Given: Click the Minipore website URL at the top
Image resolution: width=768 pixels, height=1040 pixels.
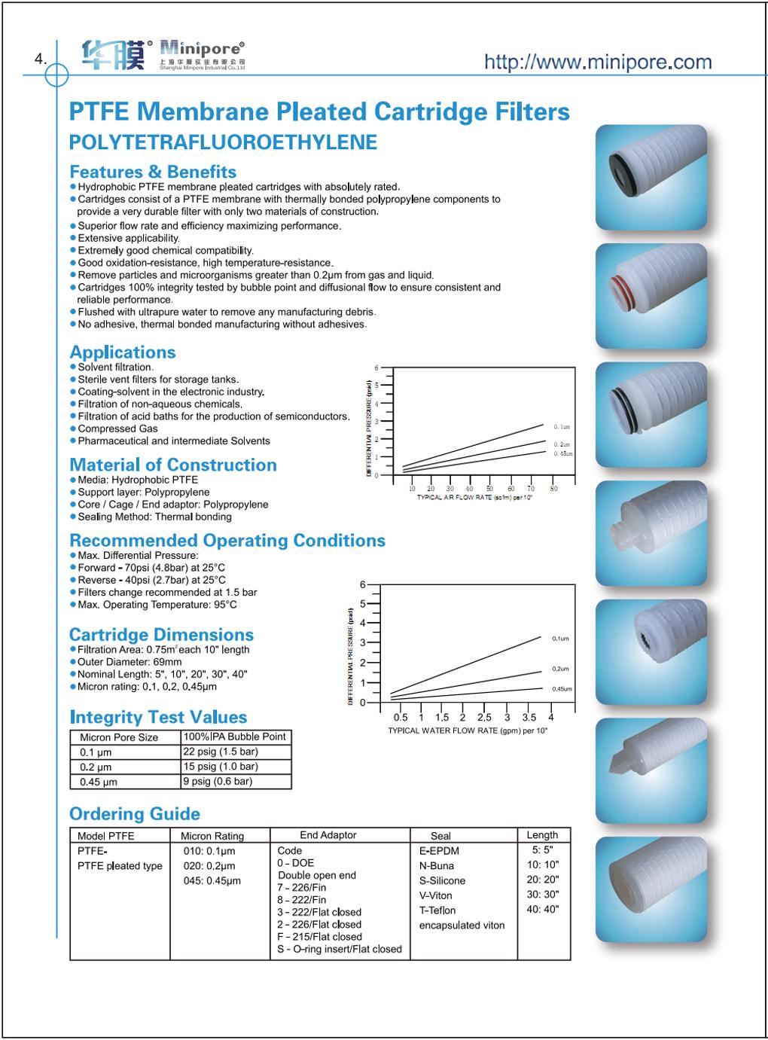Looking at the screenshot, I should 597,62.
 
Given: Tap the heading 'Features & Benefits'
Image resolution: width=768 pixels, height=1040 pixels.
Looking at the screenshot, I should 153,172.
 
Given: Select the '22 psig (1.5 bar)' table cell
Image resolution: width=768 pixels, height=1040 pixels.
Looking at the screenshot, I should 221,752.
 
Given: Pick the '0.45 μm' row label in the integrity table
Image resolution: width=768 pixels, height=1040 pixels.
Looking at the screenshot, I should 99,782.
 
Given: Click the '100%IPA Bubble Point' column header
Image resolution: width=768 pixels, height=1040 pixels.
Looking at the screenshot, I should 235,737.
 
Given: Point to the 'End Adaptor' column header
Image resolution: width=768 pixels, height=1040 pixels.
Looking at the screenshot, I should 328,835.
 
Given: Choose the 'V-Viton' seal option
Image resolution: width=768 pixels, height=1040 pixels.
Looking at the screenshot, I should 435,895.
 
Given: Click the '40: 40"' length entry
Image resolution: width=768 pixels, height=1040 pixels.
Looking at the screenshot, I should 542,909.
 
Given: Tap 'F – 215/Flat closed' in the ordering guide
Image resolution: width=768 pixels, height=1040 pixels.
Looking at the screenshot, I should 319,937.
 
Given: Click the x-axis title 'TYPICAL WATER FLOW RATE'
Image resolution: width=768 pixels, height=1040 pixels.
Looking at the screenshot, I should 468,730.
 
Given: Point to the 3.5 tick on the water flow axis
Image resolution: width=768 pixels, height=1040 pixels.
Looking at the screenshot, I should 529,717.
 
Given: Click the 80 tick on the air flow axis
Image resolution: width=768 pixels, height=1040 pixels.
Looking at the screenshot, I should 553,489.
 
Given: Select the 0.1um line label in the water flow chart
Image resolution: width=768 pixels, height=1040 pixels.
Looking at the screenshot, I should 560,639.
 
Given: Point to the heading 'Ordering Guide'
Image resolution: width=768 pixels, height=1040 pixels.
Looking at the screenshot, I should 135,814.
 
